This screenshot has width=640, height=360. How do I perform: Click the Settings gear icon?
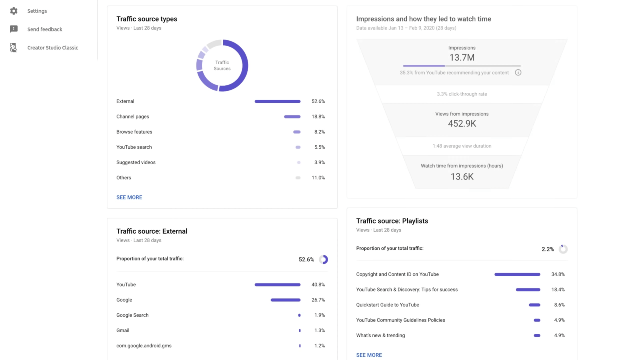[14, 11]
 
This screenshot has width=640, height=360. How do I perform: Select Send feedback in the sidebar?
[44, 29]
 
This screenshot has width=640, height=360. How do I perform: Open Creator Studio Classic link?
[52, 48]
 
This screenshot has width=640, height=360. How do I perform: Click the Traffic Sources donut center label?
[222, 65]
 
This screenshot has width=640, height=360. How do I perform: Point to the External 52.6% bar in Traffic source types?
[277, 102]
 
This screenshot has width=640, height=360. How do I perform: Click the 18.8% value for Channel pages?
[318, 117]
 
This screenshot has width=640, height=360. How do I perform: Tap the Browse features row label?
[134, 132]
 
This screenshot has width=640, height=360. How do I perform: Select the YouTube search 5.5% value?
[319, 147]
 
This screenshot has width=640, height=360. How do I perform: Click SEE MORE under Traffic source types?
[129, 197]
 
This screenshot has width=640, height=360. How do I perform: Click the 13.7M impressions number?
[462, 58]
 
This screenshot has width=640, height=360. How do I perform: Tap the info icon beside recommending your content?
[518, 72]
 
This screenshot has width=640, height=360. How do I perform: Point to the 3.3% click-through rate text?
[462, 94]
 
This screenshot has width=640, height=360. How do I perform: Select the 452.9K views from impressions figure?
[462, 124]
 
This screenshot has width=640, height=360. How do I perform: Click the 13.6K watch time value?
[462, 176]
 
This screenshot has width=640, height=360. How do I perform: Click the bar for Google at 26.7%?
[285, 300]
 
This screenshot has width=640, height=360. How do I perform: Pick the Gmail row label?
[123, 330]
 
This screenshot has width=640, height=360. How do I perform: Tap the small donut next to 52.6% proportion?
[324, 260]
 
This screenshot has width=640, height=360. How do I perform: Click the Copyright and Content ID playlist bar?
[517, 274]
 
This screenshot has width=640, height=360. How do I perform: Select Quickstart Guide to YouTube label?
[388, 305]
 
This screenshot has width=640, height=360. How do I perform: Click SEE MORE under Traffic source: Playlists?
[369, 355]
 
